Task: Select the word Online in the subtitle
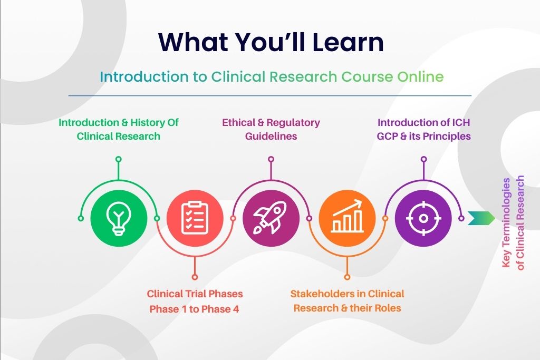pyautogui.click(x=418, y=77)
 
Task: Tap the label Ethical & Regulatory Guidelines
pyautogui.click(x=271, y=129)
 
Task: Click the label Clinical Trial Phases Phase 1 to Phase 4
pyautogui.click(x=195, y=301)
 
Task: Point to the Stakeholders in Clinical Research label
pyautogui.click(x=347, y=301)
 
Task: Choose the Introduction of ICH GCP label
pyautogui.click(x=423, y=129)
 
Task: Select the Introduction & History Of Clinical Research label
pyautogui.click(x=119, y=129)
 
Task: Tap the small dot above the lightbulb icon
pyautogui.click(x=119, y=159)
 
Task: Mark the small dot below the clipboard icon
pyautogui.click(x=195, y=277)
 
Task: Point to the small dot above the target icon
pyautogui.click(x=423, y=159)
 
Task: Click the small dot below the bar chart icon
pyautogui.click(x=347, y=277)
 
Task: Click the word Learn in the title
pyautogui.click(x=345, y=42)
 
